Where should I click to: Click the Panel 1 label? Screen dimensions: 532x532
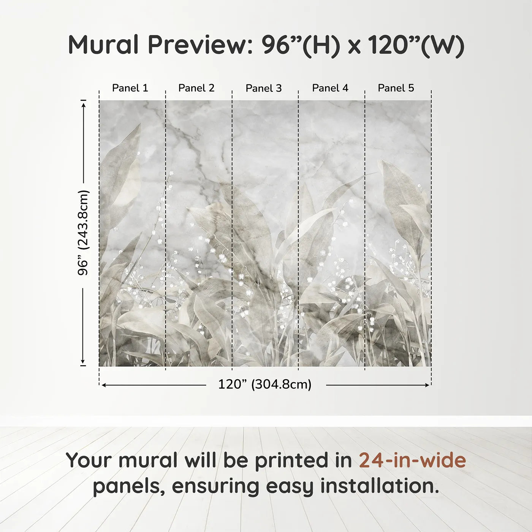click(130, 88)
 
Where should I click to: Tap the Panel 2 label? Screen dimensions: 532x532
click(196, 88)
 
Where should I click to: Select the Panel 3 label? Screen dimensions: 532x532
click(263, 89)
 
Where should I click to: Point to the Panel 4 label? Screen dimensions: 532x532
click(330, 88)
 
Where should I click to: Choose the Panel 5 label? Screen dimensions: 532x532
click(396, 88)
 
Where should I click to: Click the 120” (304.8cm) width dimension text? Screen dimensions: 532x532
click(264, 385)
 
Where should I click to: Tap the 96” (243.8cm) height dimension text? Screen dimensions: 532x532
click(83, 233)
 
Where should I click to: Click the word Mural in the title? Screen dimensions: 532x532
click(103, 45)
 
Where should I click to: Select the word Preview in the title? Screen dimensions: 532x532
click(198, 45)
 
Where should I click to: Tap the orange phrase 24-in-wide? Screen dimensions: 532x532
click(412, 460)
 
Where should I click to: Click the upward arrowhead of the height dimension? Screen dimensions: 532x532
click(84, 104)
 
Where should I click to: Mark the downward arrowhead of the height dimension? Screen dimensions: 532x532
click(83, 361)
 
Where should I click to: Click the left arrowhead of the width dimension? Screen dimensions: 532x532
click(104, 385)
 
